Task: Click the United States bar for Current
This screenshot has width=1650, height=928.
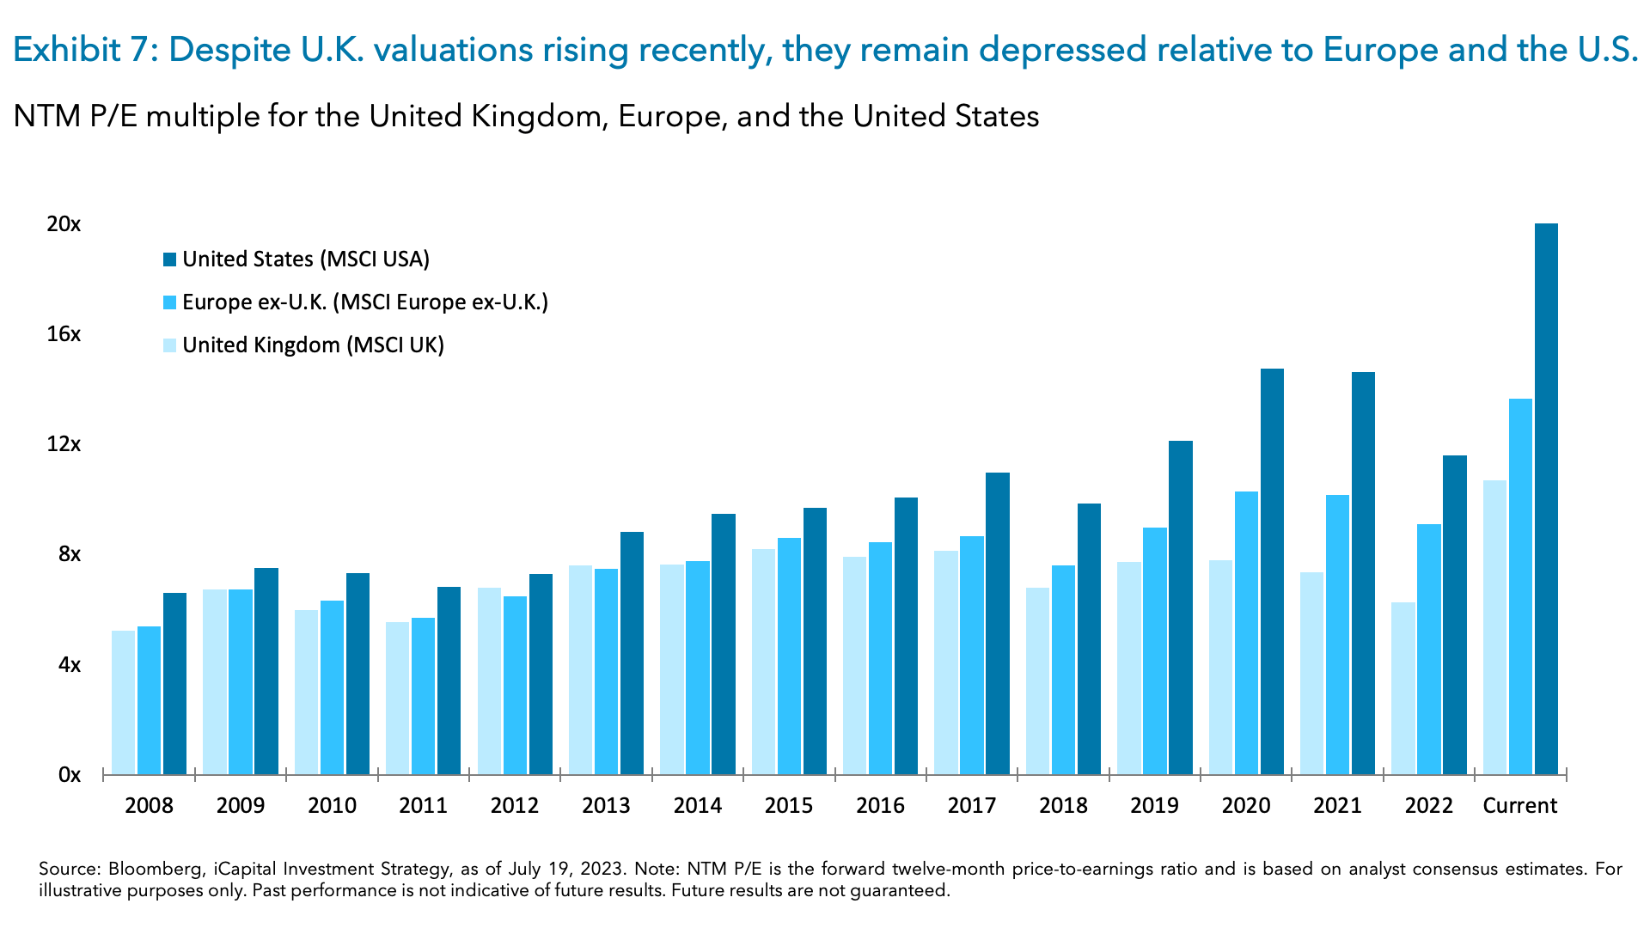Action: click(1546, 498)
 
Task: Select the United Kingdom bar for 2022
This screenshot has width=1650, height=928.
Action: click(1402, 687)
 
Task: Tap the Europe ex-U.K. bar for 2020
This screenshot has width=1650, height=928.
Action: click(1246, 632)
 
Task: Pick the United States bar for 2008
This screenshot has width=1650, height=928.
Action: click(174, 683)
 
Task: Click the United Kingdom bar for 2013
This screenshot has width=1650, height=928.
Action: click(580, 669)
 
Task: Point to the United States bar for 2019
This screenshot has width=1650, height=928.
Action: click(1181, 607)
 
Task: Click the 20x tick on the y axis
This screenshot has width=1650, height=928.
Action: click(64, 224)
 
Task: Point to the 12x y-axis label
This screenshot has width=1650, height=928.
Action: click(64, 444)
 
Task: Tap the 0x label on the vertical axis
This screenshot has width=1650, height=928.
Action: click(69, 775)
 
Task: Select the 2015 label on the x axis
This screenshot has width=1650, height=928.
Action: click(788, 806)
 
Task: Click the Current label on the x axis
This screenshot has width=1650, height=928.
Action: click(1519, 806)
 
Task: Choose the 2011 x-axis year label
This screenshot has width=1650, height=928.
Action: click(423, 806)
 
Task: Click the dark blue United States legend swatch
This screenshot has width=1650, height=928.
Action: click(169, 259)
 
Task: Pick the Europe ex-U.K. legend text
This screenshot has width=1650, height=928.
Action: click(364, 302)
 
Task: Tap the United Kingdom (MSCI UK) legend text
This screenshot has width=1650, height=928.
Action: click(313, 345)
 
